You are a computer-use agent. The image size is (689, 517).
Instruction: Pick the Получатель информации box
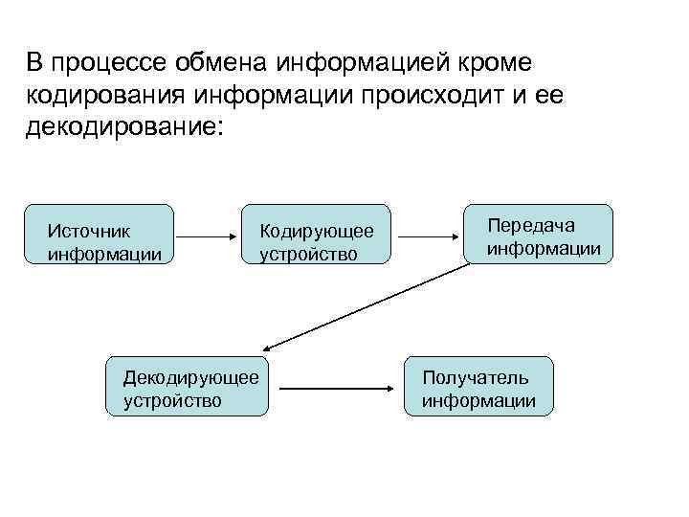coord(479,388)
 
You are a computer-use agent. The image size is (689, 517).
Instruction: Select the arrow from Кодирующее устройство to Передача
coord(432,235)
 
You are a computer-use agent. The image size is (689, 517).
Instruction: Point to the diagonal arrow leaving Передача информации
coord(368,305)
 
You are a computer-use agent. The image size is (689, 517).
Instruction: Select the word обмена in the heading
coord(224,63)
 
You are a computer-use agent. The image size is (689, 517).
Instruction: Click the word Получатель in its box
coord(475,378)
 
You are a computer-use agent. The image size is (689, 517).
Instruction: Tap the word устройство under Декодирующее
coord(172,400)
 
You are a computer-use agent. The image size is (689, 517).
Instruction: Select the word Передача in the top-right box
coord(531,226)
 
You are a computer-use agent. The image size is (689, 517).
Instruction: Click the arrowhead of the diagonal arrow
coord(269,348)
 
